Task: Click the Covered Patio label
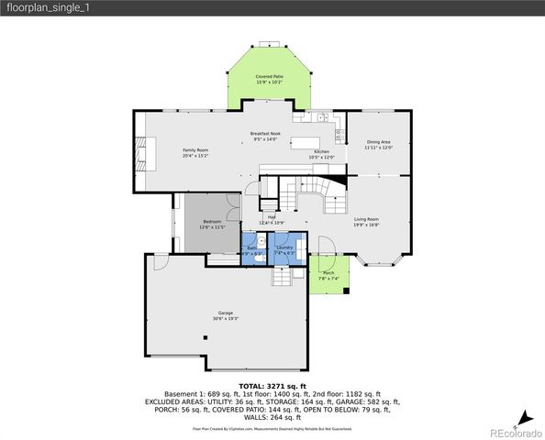click(x=269, y=78)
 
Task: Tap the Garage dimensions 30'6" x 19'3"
click(x=226, y=319)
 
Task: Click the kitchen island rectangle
click(x=304, y=143)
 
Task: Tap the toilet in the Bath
click(x=261, y=258)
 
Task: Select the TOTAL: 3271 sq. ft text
click(x=272, y=386)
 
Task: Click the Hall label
click(x=272, y=217)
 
